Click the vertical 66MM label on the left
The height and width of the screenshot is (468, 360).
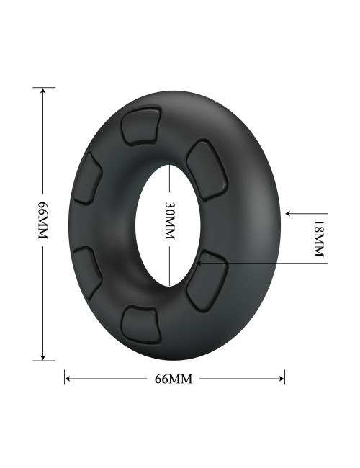click(43, 220)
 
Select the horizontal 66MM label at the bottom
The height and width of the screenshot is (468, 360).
click(174, 379)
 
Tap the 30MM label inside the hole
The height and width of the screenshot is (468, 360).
click(169, 221)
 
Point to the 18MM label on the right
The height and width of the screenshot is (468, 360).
click(319, 238)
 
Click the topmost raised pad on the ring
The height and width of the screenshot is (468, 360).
click(140, 126)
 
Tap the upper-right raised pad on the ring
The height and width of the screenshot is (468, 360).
click(207, 171)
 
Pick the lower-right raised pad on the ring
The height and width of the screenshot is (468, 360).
click(207, 281)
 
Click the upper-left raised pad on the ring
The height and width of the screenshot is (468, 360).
click(87, 179)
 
